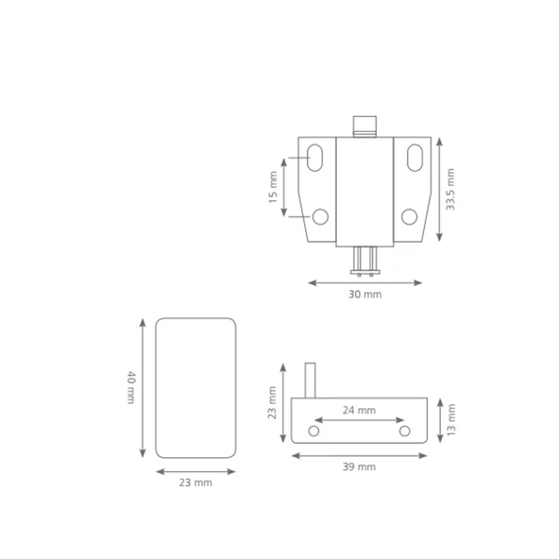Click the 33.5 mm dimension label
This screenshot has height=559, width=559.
(x=450, y=189)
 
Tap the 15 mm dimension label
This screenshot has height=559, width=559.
(x=273, y=187)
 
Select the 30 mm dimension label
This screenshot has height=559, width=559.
(x=364, y=295)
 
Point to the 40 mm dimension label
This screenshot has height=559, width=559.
(x=131, y=387)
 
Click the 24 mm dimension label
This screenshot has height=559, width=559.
(x=359, y=411)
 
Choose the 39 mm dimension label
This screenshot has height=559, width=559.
(x=359, y=466)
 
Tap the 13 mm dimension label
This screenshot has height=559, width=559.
(x=451, y=419)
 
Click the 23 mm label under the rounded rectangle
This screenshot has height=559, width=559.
(x=195, y=483)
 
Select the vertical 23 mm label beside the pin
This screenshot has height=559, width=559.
(x=272, y=402)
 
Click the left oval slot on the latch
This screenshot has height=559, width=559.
(x=314, y=158)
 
